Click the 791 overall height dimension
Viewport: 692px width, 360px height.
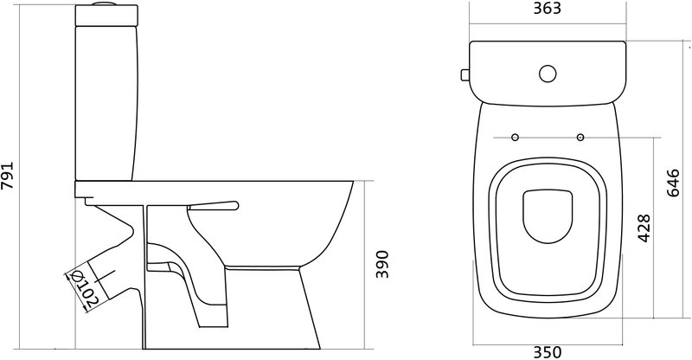point(8,176)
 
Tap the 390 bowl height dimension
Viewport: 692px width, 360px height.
point(382,264)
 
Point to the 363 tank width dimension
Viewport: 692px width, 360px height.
point(548,9)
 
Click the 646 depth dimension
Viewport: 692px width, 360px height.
point(673,183)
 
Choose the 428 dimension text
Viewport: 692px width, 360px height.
point(644,228)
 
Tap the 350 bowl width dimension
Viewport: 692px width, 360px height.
point(548,352)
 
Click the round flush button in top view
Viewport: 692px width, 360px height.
point(548,74)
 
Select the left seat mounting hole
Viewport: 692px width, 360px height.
point(515,138)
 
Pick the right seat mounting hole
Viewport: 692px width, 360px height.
point(580,138)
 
